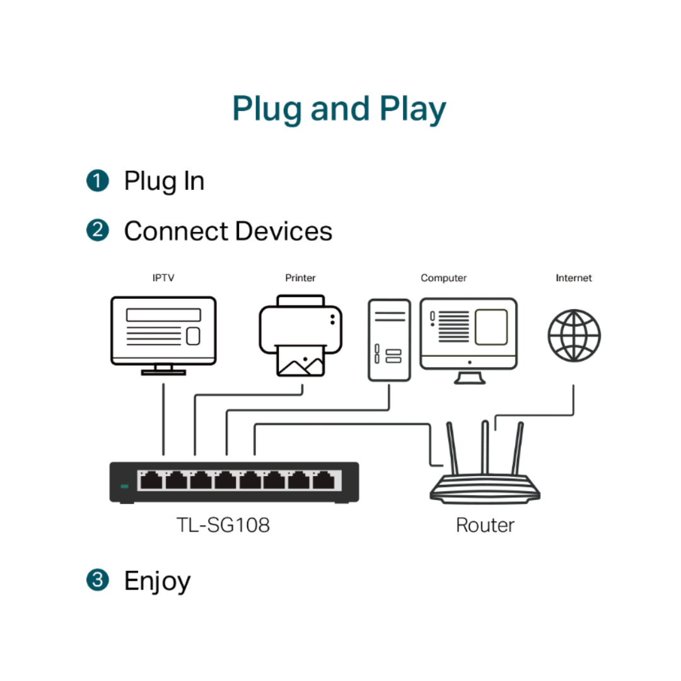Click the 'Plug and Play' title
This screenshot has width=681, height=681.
point(339,109)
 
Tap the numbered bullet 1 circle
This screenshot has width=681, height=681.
point(98,181)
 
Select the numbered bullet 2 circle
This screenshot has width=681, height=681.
point(98,230)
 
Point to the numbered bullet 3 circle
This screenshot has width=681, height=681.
point(98,579)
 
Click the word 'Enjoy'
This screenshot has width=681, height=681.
point(157,581)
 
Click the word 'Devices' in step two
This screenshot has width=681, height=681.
point(284,231)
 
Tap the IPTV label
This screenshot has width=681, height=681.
point(163,278)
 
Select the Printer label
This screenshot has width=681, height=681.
point(300,278)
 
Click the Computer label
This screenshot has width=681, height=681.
point(443,278)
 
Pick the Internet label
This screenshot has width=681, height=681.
point(573,278)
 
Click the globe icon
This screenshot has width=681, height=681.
point(574,335)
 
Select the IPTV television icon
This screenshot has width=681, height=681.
point(163,332)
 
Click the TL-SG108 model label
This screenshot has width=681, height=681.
point(223,525)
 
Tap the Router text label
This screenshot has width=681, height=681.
point(485,525)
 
